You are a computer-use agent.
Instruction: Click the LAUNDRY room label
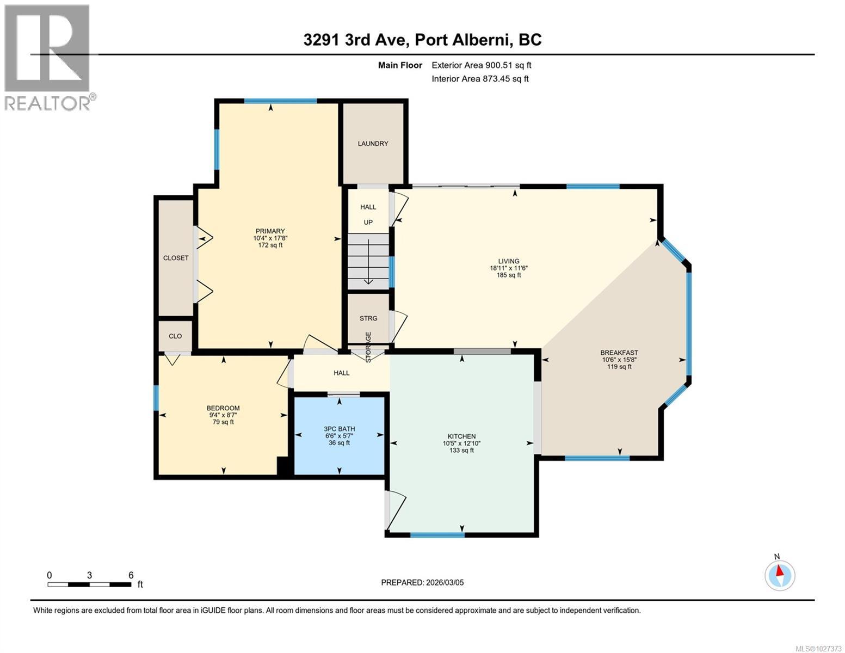point(373,144)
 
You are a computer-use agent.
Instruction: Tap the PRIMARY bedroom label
point(270,231)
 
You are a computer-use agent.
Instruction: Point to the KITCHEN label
point(461,436)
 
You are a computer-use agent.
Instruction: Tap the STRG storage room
point(368,318)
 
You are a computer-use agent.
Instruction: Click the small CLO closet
point(175,336)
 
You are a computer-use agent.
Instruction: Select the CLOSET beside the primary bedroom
point(176,258)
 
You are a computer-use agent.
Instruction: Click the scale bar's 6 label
point(131,575)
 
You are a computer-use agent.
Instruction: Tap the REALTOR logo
point(47,57)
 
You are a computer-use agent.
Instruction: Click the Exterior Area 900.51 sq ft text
point(481,65)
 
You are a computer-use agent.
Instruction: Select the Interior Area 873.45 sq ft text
point(480,79)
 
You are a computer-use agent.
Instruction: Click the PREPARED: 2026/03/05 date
point(422,582)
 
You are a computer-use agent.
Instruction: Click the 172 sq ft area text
point(270,245)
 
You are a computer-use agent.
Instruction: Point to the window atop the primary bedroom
point(280,101)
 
